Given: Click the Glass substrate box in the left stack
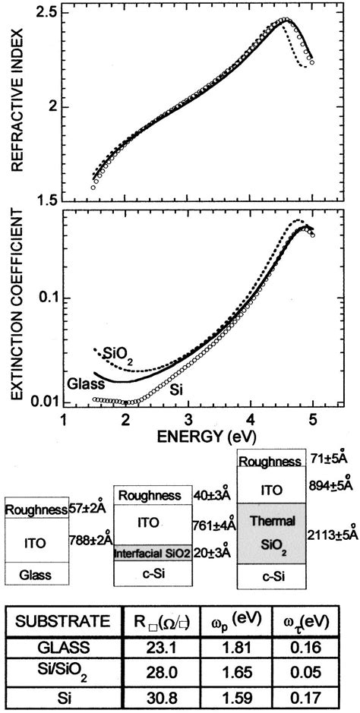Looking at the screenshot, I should [36, 575].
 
